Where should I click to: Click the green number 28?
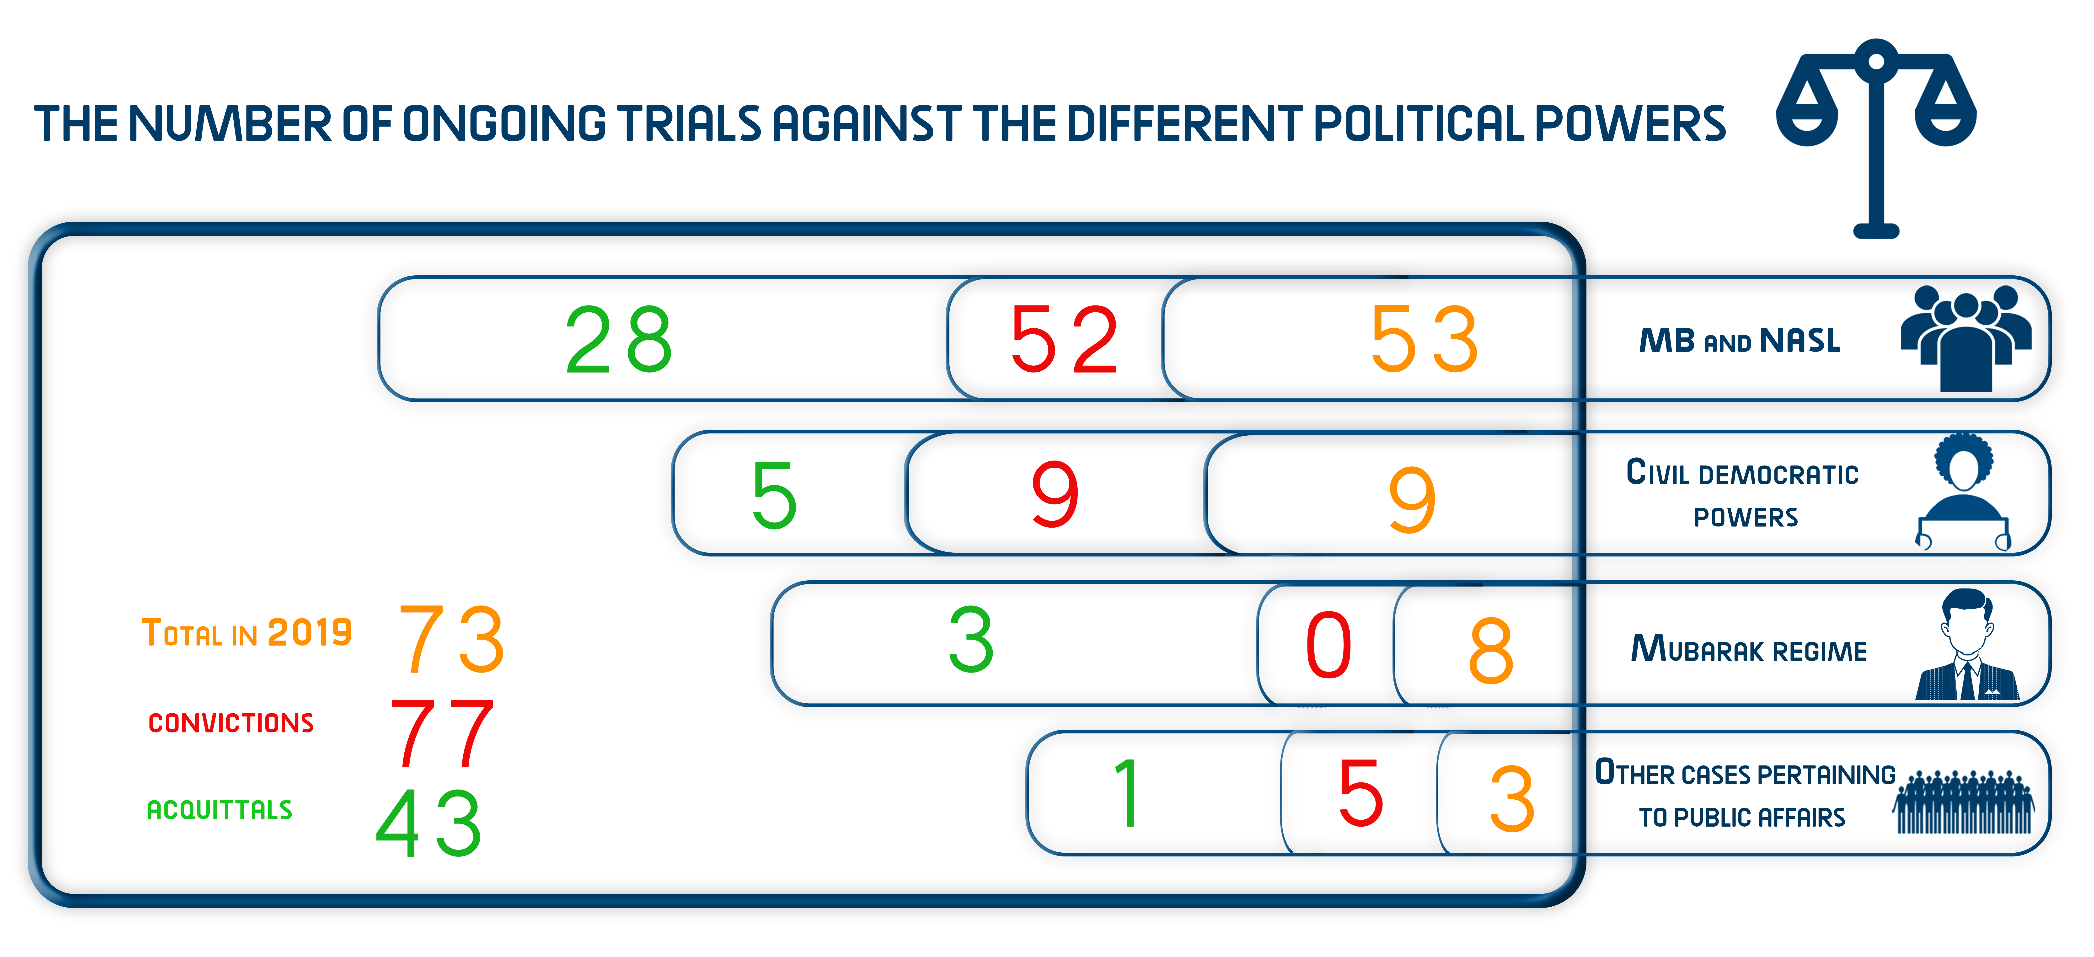(619, 340)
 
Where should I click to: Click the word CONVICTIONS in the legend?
(231, 723)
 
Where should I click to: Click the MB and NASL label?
(1740, 340)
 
